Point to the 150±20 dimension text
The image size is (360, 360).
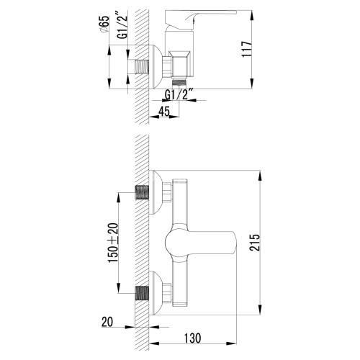point(112,243)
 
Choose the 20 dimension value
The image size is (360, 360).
point(107,323)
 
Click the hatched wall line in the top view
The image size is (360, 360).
point(145,43)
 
